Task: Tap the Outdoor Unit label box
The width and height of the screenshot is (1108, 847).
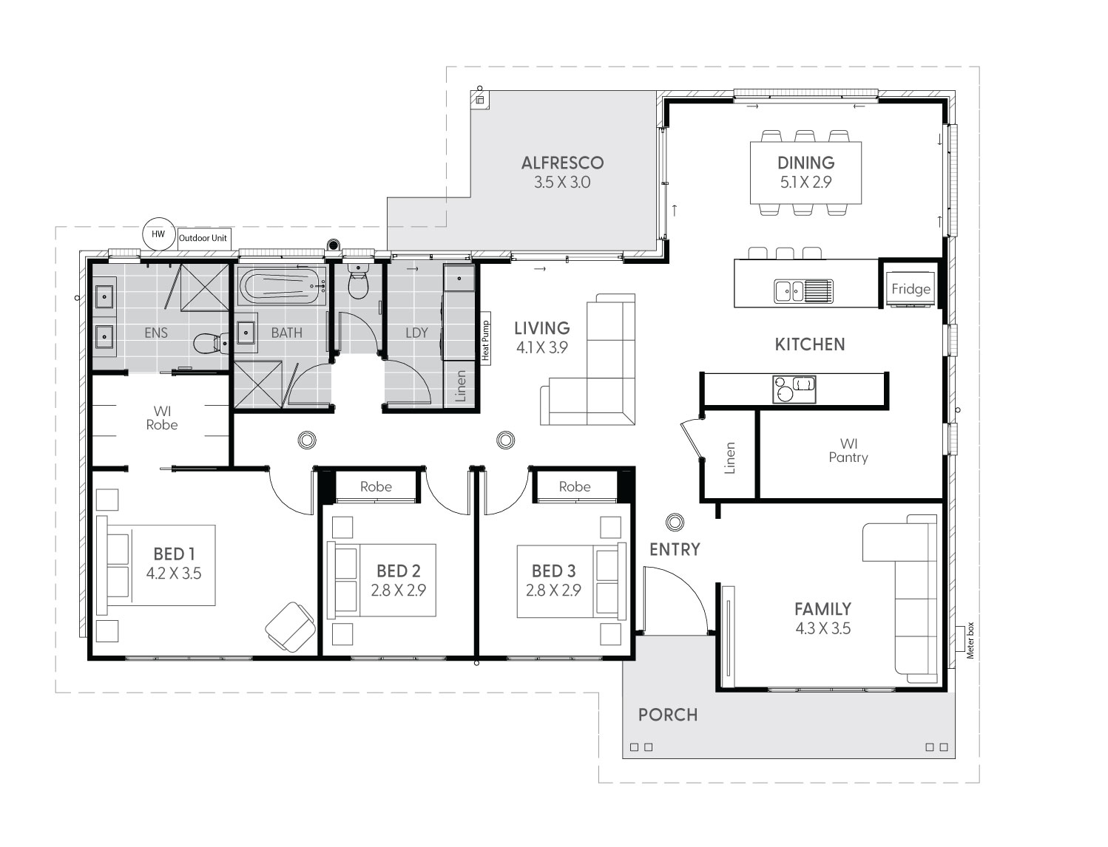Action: pyautogui.click(x=203, y=239)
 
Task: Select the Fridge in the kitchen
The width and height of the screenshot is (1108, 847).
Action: pyautogui.click(x=911, y=288)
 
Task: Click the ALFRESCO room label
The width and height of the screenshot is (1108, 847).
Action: pyautogui.click(x=562, y=163)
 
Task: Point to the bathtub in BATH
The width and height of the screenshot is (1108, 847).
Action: pyautogui.click(x=283, y=286)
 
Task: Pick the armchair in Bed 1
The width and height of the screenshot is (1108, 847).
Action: pyautogui.click(x=288, y=626)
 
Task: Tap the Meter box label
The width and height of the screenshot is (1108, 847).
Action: pyautogui.click(x=970, y=640)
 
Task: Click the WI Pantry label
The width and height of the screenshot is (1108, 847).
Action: pyautogui.click(x=848, y=451)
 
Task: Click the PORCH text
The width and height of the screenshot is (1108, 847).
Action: pyautogui.click(x=667, y=715)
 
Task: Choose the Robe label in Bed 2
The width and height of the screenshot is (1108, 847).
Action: pyautogui.click(x=376, y=486)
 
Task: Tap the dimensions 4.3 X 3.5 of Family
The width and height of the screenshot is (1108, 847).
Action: pyautogui.click(x=822, y=629)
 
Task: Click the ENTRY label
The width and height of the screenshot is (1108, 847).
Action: pyautogui.click(x=675, y=549)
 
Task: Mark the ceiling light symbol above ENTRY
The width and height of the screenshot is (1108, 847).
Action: pyautogui.click(x=674, y=523)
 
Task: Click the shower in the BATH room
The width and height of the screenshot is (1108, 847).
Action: pyautogui.click(x=258, y=383)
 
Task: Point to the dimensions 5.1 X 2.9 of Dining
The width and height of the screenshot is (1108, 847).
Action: pyautogui.click(x=805, y=182)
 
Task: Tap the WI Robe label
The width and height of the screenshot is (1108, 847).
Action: pyautogui.click(x=161, y=418)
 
